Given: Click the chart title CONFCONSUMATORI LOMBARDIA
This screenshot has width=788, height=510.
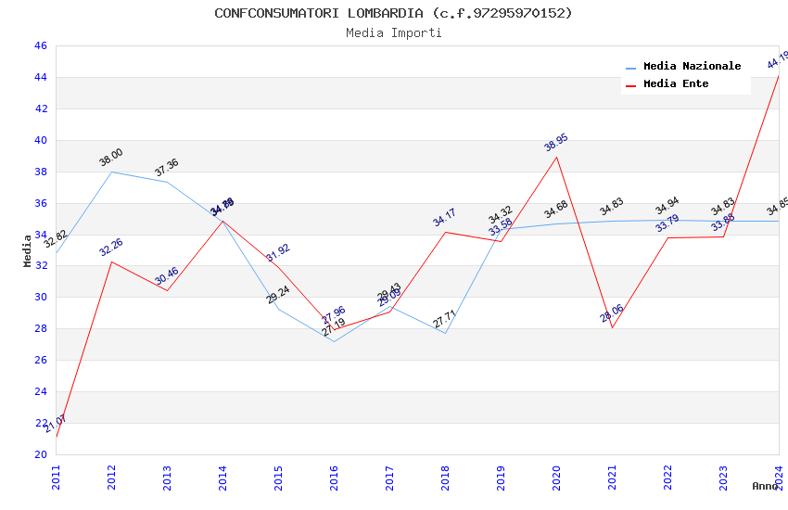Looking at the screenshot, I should [393, 13].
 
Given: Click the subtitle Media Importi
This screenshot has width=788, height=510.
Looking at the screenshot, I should [394, 32].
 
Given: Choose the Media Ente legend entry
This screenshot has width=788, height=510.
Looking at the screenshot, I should [676, 84].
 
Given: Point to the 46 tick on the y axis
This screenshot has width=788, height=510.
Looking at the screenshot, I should [40, 45].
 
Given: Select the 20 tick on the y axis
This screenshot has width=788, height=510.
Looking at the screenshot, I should [40, 454].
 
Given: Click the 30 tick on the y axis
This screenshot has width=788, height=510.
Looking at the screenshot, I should [40, 298].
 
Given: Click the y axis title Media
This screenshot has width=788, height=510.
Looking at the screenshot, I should [28, 250].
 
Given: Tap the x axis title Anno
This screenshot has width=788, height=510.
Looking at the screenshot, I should [765, 486].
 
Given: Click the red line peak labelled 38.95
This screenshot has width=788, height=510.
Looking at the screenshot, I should [556, 157].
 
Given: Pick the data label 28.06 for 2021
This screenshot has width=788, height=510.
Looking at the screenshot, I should [611, 313].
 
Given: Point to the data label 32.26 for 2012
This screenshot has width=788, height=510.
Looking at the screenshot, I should [111, 248].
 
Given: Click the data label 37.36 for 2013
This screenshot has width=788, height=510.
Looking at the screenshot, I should [167, 168].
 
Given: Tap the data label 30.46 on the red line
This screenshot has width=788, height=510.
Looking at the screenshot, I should [167, 275].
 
